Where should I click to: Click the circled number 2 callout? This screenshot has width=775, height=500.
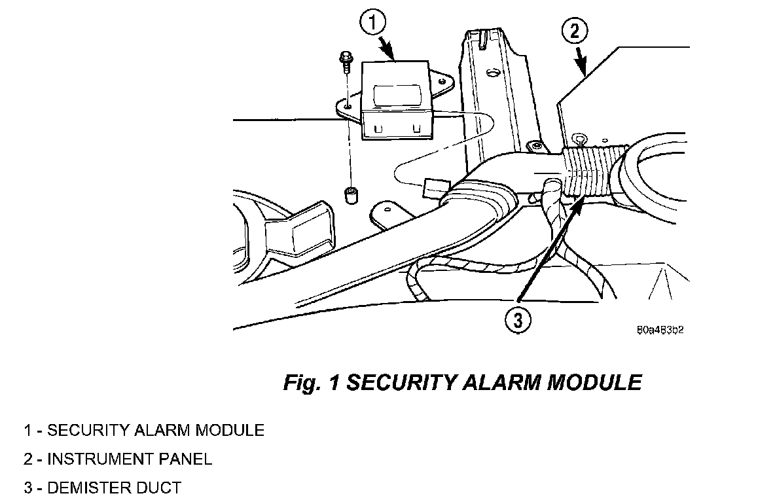(574, 31)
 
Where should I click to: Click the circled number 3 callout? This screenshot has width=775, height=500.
(518, 320)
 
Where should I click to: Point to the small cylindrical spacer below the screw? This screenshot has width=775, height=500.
(350, 195)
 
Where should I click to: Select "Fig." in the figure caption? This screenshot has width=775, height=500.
(300, 383)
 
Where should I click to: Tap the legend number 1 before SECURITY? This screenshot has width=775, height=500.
(27, 430)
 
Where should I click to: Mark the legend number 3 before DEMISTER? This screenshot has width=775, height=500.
(27, 488)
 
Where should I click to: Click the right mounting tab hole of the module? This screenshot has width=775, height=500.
(443, 82)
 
